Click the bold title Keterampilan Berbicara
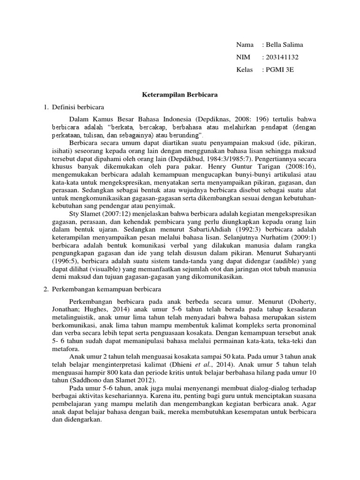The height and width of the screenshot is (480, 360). point(180,95)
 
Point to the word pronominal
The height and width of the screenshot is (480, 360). point(297,324)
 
